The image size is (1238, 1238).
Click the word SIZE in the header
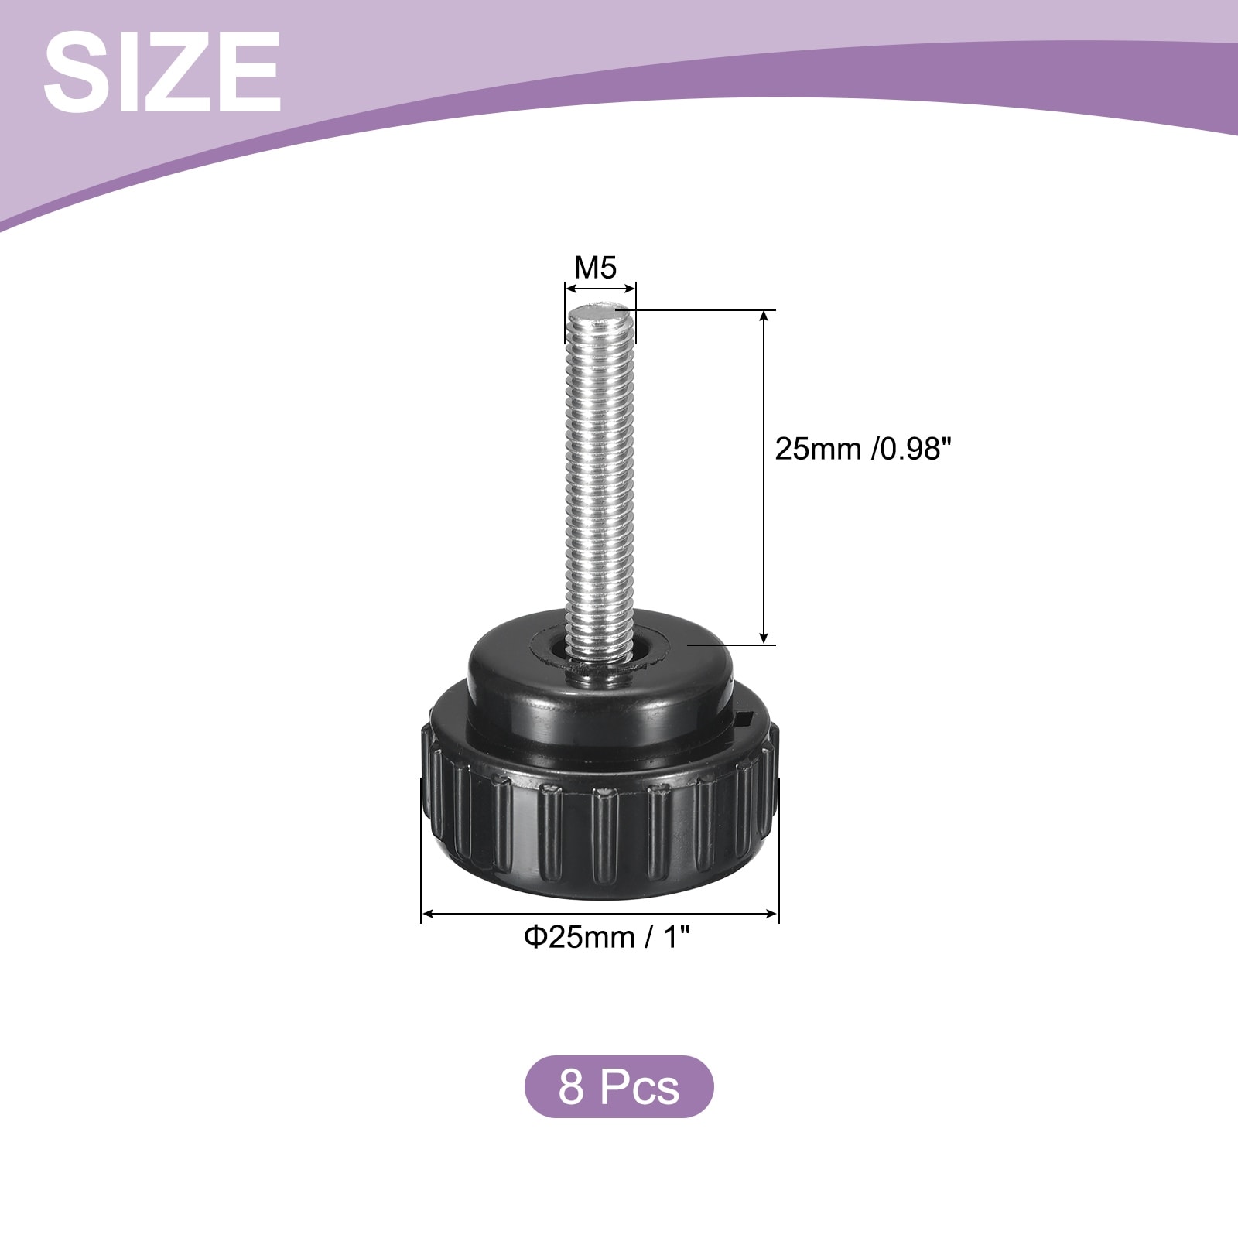point(162,73)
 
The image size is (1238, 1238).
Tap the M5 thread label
point(595,268)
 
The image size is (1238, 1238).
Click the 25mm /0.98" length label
point(862,450)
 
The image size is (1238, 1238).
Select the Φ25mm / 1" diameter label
point(607,938)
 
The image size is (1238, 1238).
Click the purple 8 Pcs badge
point(619,1086)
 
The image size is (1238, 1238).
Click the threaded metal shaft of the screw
point(600,480)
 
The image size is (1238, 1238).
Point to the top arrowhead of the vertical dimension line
point(765,317)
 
